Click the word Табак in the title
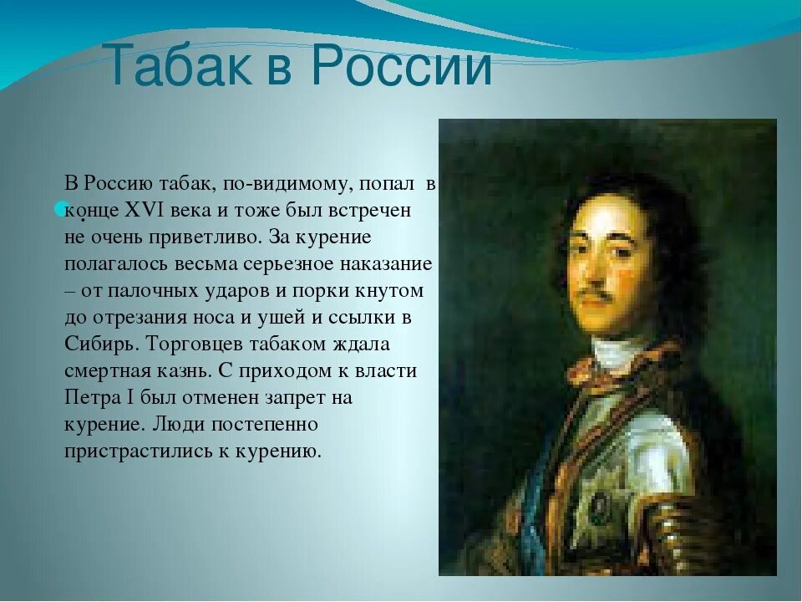(180, 65)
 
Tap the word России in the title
(402, 65)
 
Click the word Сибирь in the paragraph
(102, 344)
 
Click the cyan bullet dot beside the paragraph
(60, 207)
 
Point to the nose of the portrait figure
(593, 271)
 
